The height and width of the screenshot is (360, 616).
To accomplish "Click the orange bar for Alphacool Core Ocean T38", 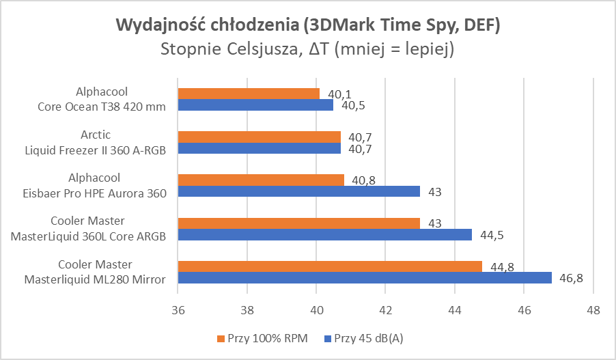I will pyautogui.click(x=249, y=94).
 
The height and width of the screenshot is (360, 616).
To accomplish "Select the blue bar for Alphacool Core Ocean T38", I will pyautogui.click(x=255, y=105).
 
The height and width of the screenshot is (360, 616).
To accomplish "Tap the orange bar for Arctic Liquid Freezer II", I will pyautogui.click(x=259, y=137).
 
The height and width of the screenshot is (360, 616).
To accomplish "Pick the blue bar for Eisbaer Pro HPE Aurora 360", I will pyautogui.click(x=298, y=191).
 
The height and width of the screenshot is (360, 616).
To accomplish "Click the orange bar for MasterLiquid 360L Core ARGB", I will pyautogui.click(x=298, y=223).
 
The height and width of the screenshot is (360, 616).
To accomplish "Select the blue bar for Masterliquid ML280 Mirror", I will pyautogui.click(x=365, y=277).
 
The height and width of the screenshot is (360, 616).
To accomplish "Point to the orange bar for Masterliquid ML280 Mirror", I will pyautogui.click(x=330, y=266).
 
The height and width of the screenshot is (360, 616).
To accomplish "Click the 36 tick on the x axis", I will pyautogui.click(x=178, y=309).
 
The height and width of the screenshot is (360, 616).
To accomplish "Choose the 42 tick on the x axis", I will pyautogui.click(x=385, y=309).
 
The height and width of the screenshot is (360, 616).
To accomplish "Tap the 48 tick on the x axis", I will pyautogui.click(x=593, y=309).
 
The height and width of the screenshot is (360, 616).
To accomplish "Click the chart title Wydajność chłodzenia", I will pyautogui.click(x=308, y=25).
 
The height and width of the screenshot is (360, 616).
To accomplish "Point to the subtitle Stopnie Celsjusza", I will pyautogui.click(x=308, y=49).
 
